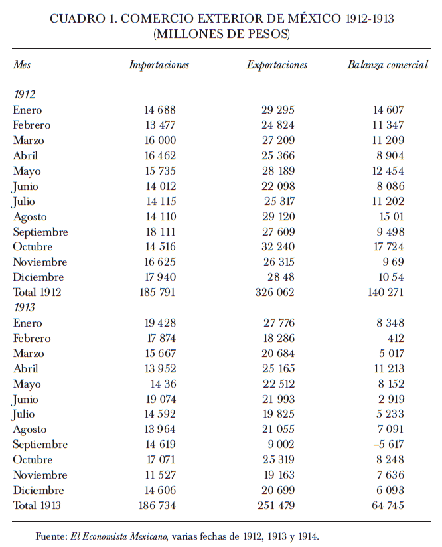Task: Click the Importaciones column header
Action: pos(159,65)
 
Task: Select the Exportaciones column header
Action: pos(277,65)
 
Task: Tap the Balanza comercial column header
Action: pos(388,65)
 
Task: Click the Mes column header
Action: pos(22,65)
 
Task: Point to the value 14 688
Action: pos(159,110)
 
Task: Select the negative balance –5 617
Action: pos(388,445)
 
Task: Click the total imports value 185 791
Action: pos(157,293)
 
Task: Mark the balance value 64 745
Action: pos(386,506)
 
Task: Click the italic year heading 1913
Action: pos(25,308)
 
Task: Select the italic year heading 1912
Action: pos(25,95)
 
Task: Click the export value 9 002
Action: pos(281,445)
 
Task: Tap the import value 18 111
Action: pos(159,232)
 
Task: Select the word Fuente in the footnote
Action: pos(51,536)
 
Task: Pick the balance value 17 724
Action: pos(388,247)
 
